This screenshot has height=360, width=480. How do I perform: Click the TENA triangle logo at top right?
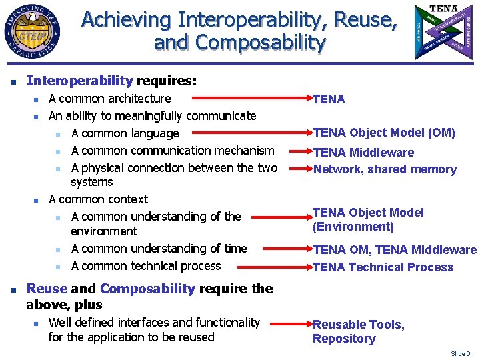click(x=443, y=31)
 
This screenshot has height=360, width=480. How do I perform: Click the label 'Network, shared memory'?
click(x=385, y=169)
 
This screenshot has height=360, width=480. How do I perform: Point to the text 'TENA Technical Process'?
click(x=383, y=267)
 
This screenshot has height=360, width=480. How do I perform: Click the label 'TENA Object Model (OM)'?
click(x=384, y=133)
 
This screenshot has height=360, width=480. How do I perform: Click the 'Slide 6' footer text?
click(x=460, y=353)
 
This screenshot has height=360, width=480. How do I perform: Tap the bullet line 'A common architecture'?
click(x=110, y=99)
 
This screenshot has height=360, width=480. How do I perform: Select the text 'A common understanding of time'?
click(x=159, y=249)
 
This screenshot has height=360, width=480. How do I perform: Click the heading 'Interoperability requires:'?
click(x=111, y=81)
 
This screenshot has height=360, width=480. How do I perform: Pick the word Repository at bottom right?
click(x=344, y=339)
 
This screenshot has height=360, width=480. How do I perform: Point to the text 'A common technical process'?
click(x=146, y=266)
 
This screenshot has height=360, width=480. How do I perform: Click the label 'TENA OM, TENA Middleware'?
click(x=395, y=251)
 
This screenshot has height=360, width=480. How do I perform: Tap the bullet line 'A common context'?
click(x=99, y=199)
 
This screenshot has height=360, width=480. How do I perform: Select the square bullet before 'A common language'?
click(x=59, y=135)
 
